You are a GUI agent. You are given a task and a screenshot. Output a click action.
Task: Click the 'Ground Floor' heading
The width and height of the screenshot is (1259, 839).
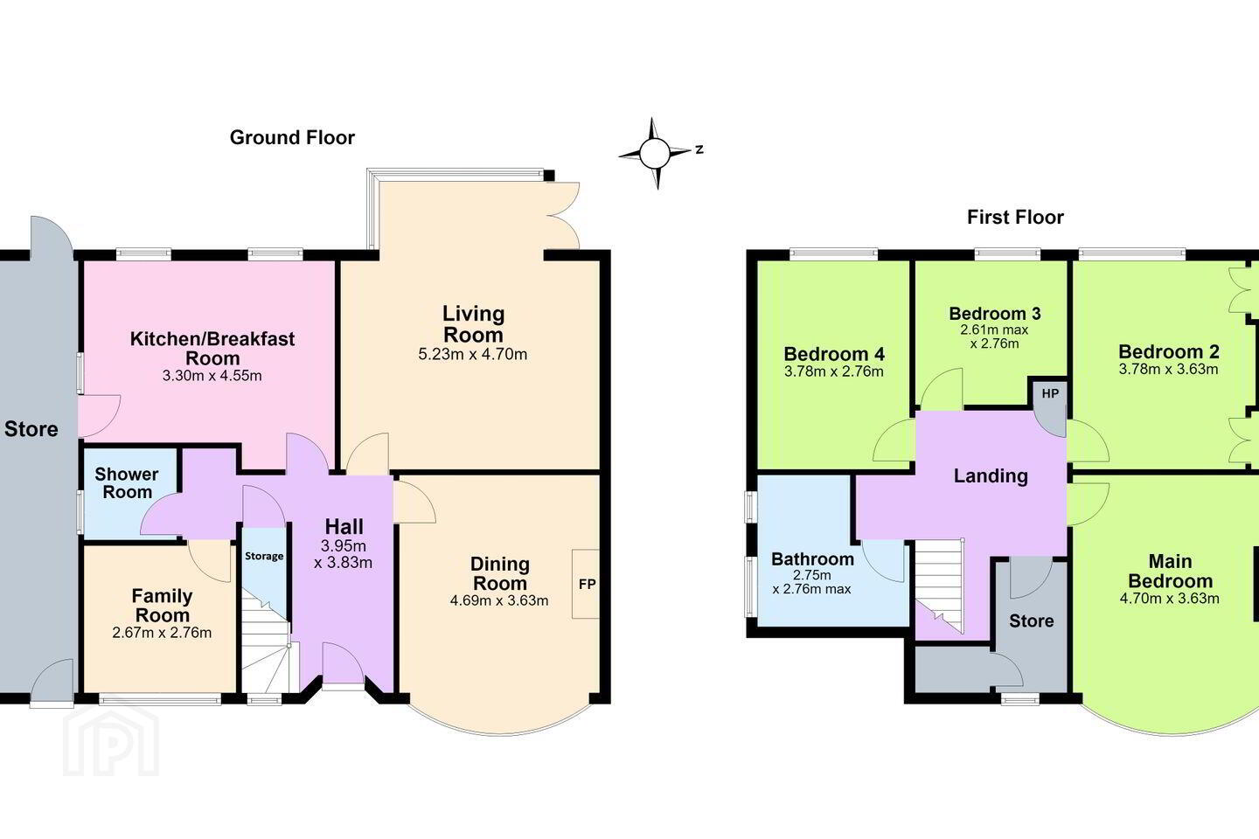[292, 138]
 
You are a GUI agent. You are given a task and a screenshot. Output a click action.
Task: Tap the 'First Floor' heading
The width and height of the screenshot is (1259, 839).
[1015, 217]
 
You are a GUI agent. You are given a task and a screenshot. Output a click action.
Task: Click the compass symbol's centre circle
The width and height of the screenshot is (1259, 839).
[655, 154]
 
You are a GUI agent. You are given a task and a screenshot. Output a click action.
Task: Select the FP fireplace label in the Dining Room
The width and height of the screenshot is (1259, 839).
[587, 585]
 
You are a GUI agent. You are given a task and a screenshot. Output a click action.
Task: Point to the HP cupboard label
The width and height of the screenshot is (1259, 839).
[1050, 393]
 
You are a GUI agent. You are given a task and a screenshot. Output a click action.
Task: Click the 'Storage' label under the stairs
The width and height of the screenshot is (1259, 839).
[264, 557]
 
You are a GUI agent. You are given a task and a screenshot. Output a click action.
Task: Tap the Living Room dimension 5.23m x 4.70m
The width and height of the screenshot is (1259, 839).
[473, 354]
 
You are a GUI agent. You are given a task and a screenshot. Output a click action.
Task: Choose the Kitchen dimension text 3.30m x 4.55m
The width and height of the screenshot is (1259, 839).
[212, 376]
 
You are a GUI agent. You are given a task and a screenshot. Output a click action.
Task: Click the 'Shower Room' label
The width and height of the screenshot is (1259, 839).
[127, 482]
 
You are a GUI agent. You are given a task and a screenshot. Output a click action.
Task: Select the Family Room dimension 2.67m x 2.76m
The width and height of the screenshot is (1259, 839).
[162, 633]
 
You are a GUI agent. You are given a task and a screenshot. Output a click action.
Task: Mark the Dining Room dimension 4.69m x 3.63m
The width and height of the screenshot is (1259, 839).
[499, 600]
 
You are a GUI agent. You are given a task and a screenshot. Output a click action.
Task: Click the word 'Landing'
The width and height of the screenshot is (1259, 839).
[991, 476]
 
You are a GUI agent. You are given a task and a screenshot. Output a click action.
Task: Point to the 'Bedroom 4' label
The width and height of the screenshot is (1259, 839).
[834, 354]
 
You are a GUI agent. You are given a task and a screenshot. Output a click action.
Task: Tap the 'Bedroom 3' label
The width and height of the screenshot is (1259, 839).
[995, 313]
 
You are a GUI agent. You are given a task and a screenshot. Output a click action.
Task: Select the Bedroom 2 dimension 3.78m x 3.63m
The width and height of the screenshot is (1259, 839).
[1168, 369]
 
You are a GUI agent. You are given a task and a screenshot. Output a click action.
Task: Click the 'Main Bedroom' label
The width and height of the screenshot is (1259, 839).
[1170, 571]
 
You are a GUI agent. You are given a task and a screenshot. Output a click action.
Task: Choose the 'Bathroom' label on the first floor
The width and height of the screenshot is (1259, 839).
[813, 559]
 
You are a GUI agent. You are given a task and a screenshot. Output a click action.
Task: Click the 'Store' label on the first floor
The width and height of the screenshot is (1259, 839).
[1032, 621]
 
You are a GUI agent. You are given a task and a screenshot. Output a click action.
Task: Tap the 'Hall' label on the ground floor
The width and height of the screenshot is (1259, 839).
[344, 526]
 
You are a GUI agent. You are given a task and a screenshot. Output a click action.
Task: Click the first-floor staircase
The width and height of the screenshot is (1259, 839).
[940, 585]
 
